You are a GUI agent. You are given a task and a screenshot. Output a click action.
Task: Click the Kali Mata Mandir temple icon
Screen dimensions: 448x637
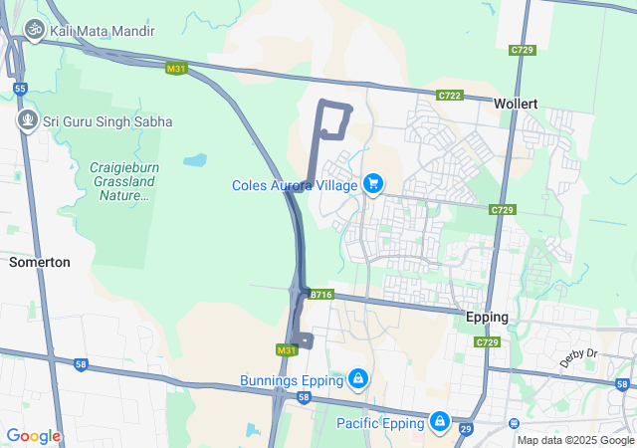(35, 30)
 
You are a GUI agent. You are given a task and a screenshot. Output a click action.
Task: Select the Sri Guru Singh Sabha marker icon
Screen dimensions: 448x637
(27, 121)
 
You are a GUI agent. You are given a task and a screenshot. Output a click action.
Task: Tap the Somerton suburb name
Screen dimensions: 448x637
(39, 262)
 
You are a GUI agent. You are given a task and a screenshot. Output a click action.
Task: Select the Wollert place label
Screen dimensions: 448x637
(516, 103)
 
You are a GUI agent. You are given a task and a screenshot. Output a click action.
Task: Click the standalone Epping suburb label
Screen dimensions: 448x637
(487, 318)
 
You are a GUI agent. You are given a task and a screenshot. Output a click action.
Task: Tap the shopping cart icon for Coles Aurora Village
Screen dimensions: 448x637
(373, 183)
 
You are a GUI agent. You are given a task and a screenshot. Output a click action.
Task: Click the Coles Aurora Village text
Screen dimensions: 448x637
(296, 184)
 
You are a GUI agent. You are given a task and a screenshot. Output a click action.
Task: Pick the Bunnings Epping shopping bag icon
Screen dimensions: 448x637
(356, 379)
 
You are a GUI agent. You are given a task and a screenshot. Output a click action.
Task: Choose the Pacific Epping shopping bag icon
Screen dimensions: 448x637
(439, 422)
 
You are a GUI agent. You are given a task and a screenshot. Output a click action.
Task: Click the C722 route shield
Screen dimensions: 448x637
(450, 95)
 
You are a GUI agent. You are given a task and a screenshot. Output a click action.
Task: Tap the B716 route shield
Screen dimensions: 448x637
(320, 295)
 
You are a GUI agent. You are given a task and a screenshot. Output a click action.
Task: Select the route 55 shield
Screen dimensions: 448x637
(20, 89)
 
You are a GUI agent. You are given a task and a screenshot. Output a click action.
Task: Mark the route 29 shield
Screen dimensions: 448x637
(465, 429)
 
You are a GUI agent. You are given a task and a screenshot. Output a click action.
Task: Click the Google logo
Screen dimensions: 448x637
(33, 435)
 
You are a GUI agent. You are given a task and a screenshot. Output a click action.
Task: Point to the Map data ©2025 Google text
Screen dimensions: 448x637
(574, 440)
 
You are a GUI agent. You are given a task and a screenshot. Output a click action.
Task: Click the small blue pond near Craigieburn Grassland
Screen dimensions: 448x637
(195, 159)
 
